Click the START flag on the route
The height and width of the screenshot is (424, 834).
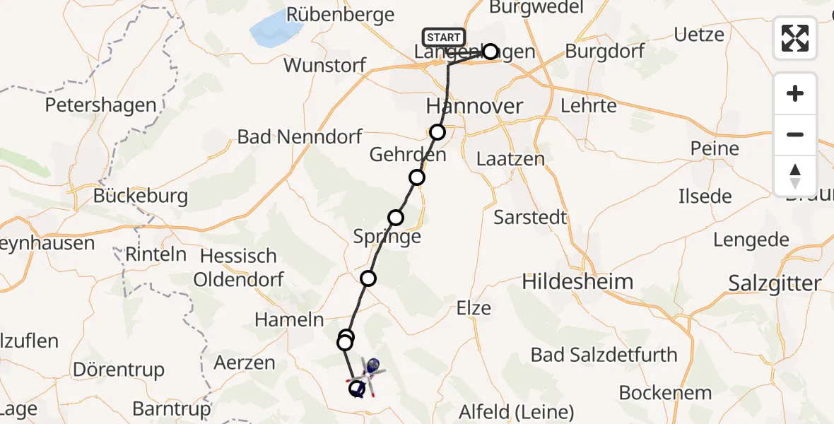click(x=444, y=37)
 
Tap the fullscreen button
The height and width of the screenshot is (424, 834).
click(x=795, y=37)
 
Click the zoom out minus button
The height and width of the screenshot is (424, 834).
click(x=795, y=134)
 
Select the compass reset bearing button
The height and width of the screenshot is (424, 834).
click(x=795, y=175)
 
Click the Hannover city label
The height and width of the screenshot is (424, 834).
click(x=474, y=107)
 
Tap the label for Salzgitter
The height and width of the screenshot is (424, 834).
click(x=775, y=283)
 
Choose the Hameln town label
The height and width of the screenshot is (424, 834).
click(x=289, y=319)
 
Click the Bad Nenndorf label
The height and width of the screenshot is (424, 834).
click(x=300, y=136)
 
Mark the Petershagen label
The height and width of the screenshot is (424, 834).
click(x=101, y=105)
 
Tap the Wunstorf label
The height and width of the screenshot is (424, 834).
click(x=324, y=66)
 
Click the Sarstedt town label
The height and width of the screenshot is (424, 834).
click(x=530, y=217)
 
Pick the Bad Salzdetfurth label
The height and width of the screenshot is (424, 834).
click(x=604, y=355)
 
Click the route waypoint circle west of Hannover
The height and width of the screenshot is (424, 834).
click(x=437, y=132)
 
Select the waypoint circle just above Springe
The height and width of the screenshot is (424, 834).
click(x=396, y=217)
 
